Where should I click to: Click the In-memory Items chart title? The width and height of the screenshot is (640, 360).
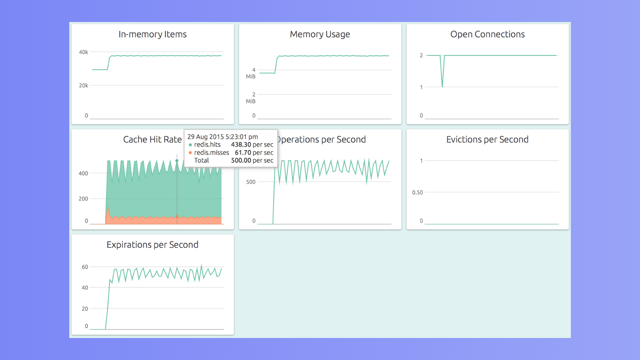152,34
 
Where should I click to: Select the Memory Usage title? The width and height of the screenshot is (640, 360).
320,34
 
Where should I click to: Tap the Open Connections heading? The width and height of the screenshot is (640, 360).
487,34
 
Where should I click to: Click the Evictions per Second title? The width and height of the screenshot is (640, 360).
487,139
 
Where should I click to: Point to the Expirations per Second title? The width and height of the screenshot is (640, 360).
152,245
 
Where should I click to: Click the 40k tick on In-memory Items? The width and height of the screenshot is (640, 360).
84,52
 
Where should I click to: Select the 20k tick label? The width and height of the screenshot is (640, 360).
84,85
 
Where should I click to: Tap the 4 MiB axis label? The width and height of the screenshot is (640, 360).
251,73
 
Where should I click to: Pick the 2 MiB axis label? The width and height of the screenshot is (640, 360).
251,98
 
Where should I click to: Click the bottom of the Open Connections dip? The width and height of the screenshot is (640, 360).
442,87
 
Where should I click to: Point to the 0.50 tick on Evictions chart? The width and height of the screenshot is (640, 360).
417,192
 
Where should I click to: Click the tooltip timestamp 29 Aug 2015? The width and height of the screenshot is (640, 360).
205,137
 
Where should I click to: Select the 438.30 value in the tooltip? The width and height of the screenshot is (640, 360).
241,145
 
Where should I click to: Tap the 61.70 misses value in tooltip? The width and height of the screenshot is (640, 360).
243,153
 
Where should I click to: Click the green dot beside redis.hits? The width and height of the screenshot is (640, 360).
190,145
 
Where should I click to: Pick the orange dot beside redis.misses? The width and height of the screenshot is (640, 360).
190,153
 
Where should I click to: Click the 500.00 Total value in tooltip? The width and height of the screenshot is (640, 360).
241,160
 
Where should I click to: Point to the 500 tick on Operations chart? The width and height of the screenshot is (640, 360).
251,182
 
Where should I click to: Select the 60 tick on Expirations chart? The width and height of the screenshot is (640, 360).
85,267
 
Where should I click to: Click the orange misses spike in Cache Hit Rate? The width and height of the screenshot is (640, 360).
108,206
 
